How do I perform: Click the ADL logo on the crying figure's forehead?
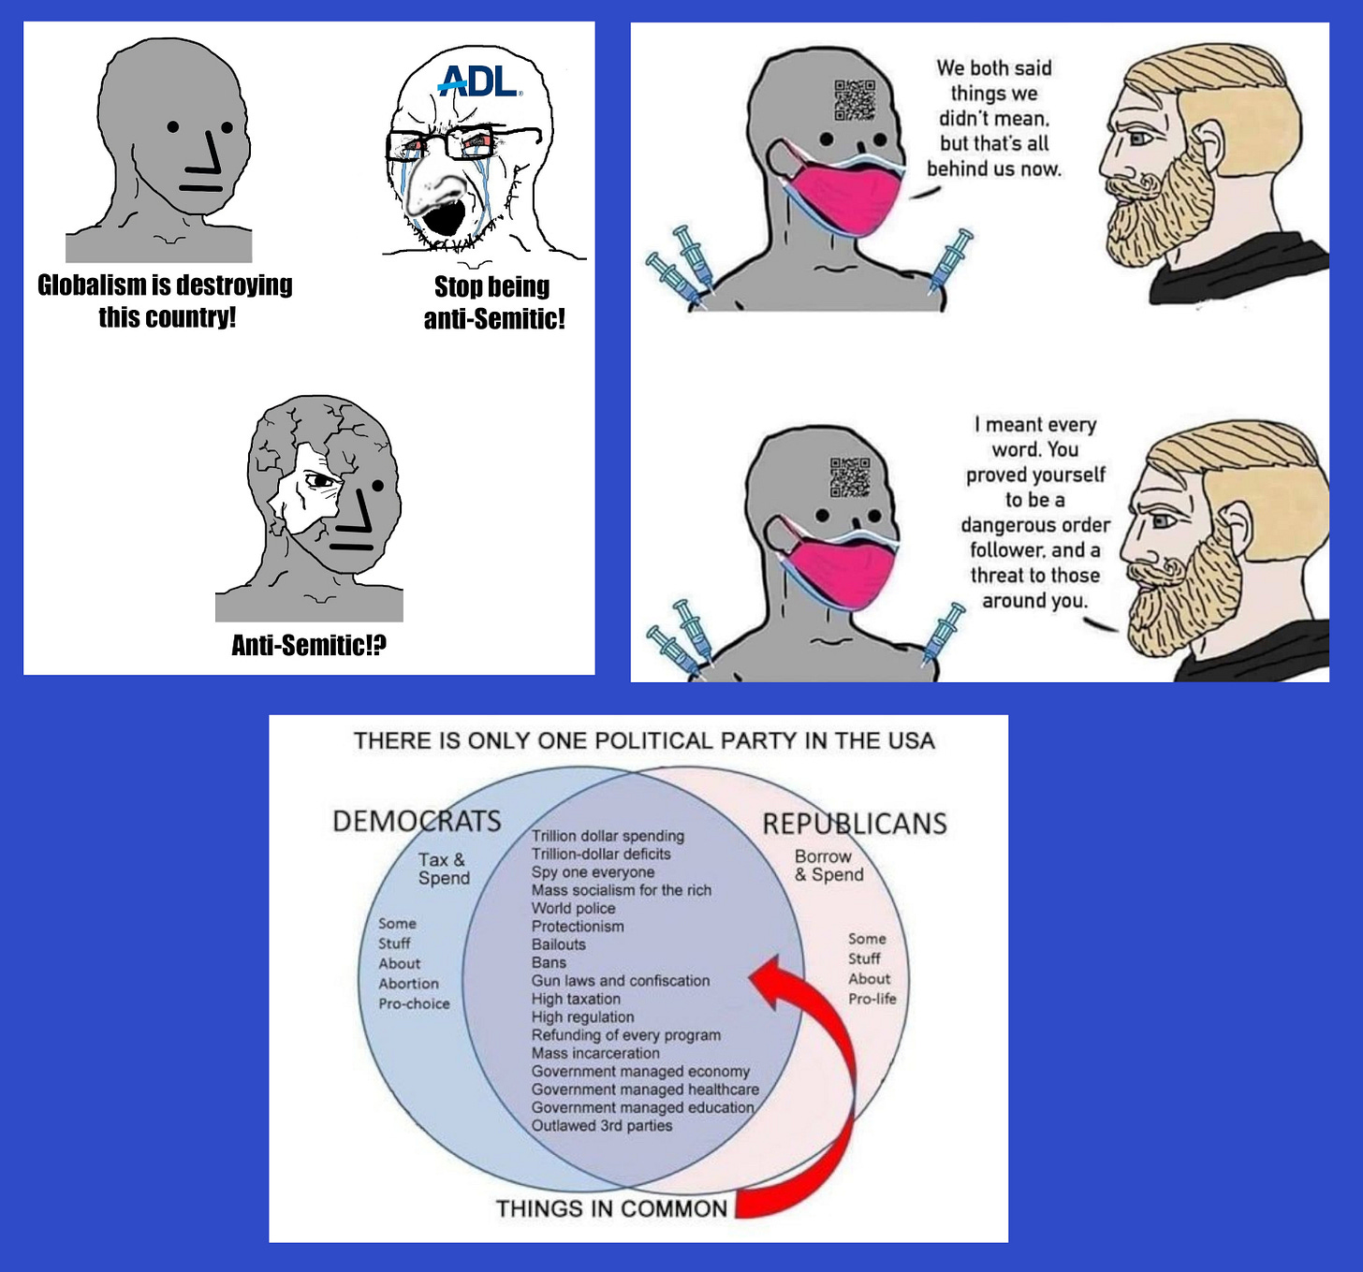pos(479,81)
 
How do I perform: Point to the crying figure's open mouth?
pos(442,217)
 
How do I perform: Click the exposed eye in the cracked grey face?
pos(321,481)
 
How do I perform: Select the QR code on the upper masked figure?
pos(855,100)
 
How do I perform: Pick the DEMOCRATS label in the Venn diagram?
pos(417,821)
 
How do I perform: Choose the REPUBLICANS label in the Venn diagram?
pos(854,824)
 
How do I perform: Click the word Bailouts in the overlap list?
pos(558,944)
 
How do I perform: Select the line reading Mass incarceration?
pos(595,1053)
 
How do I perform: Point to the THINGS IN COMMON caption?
pos(611,1208)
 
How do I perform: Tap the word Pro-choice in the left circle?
pos(414,1003)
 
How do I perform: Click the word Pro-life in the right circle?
pos(872,999)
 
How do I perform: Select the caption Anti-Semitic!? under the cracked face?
pos(308,645)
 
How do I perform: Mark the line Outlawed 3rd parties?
pos(601,1125)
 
